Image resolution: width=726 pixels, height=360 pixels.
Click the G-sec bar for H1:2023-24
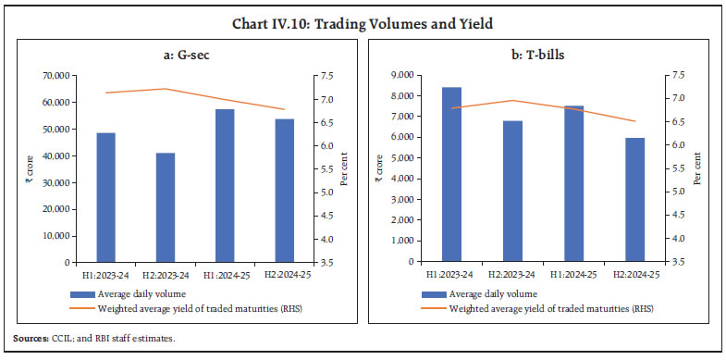106,197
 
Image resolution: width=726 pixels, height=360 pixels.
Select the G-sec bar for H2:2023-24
166,207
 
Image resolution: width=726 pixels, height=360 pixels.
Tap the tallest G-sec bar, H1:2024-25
225,185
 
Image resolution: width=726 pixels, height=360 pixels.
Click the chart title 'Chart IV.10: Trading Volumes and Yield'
363,14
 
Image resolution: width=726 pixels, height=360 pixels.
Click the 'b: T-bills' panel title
543,56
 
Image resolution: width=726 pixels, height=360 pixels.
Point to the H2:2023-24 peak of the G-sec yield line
166,89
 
